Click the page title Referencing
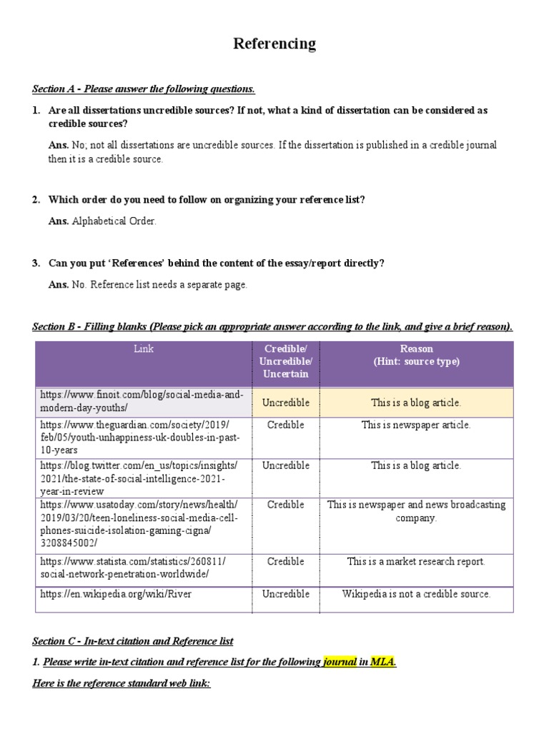pos(274,44)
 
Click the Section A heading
pos(144,89)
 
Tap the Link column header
pos(143,349)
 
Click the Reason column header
pos(416,356)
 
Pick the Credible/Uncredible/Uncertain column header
pos(285,361)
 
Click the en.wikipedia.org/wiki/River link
pos(117,594)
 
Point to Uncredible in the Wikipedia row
pos(285,594)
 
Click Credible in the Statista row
pos(285,562)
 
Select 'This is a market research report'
pos(416,562)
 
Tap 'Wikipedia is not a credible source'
pos(416,594)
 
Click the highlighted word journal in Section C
pos(340,662)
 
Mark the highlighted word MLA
pos(382,662)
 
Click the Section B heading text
pos(272,327)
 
